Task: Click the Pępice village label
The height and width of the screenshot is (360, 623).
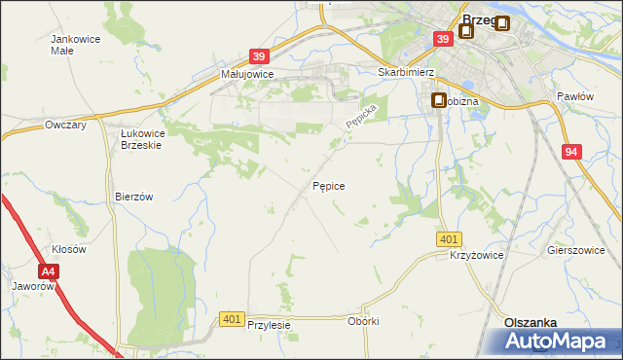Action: point(327,185)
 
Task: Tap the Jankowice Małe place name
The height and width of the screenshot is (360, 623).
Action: point(75,45)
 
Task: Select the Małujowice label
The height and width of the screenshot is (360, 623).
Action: point(246,74)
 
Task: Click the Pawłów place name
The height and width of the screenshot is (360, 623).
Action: point(575,97)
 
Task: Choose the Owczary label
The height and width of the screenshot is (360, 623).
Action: point(66,126)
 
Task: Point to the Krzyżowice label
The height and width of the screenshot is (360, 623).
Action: point(475,255)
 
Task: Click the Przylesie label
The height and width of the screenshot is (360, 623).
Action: point(270,326)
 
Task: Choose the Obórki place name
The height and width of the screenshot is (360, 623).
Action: point(362,321)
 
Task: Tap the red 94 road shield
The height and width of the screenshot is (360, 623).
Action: point(571,152)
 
